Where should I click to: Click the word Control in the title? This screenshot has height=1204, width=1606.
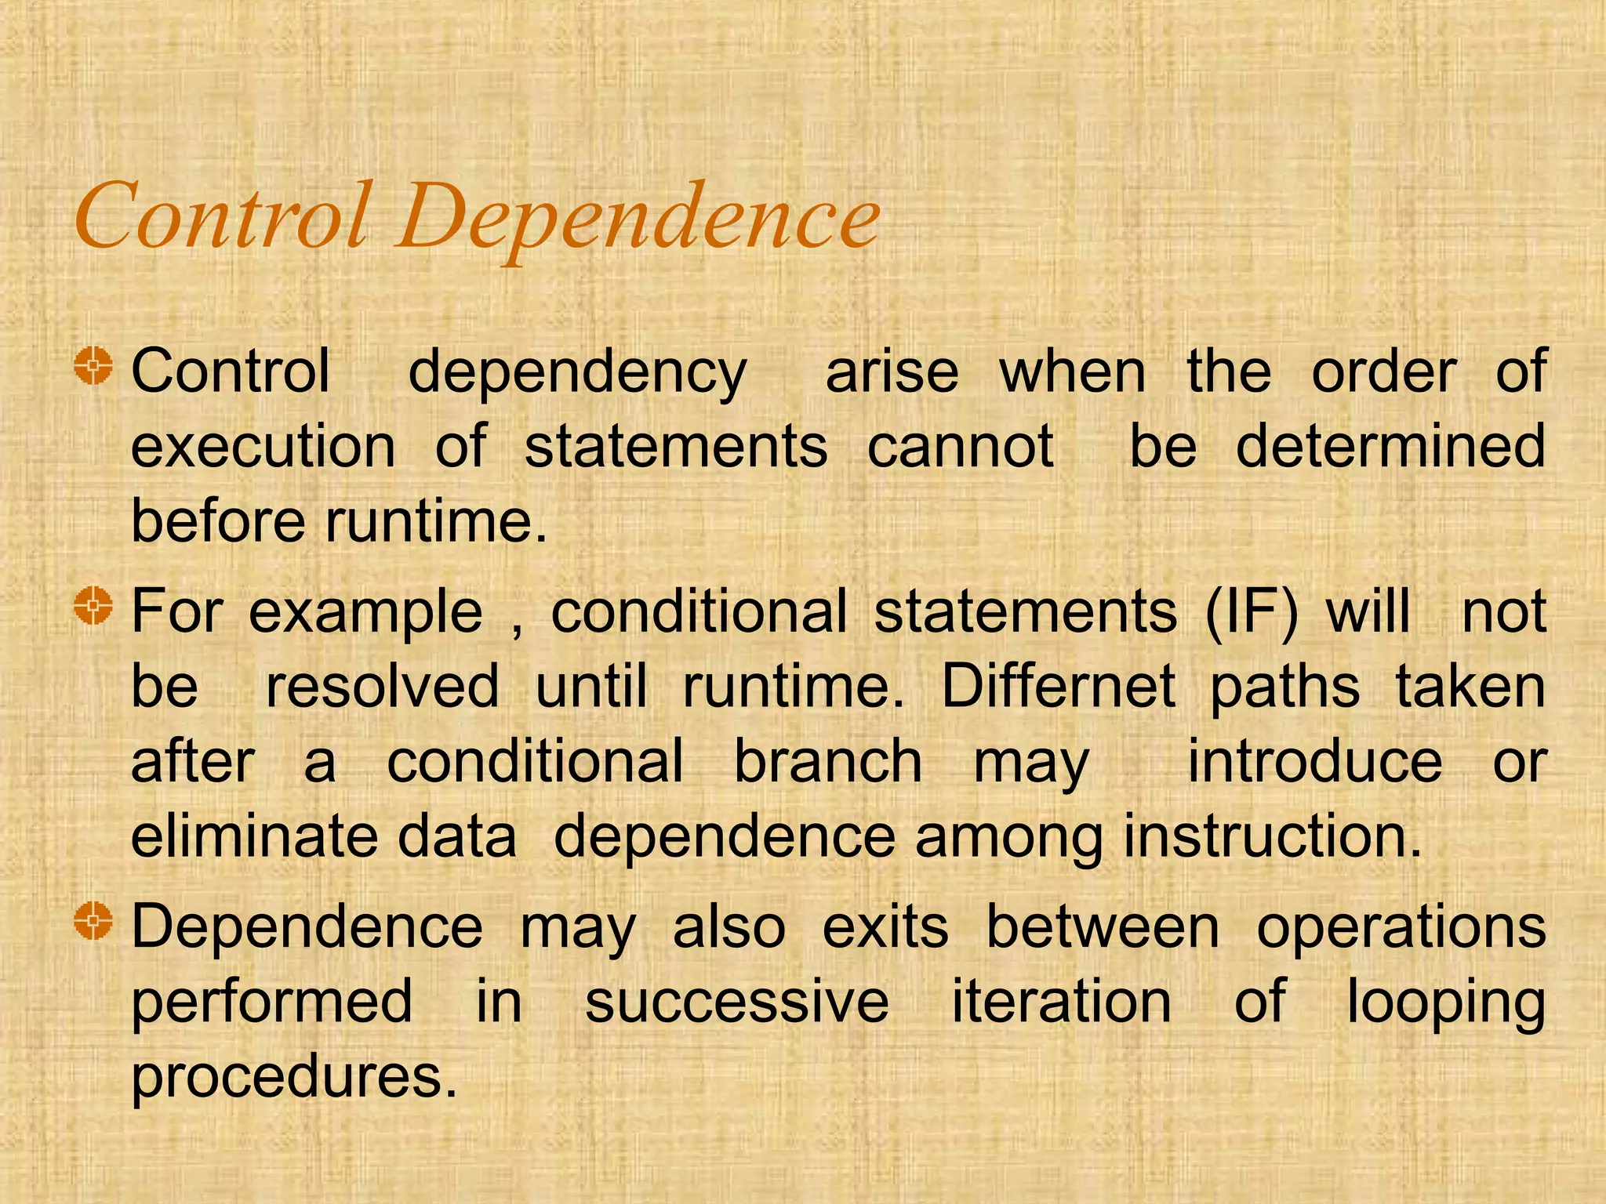(221, 215)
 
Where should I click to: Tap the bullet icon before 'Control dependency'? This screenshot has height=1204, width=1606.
(94, 366)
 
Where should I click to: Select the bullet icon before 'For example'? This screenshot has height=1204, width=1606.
(94, 606)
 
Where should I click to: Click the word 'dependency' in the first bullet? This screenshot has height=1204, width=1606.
(577, 373)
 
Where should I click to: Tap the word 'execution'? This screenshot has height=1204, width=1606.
(263, 447)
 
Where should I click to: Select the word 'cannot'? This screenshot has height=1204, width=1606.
(960, 447)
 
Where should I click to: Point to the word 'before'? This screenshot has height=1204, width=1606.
(217, 521)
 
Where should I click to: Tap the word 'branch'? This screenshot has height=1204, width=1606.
(827, 762)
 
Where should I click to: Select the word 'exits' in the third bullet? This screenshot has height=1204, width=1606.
(885, 927)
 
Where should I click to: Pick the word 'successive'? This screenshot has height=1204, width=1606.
(736, 1002)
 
